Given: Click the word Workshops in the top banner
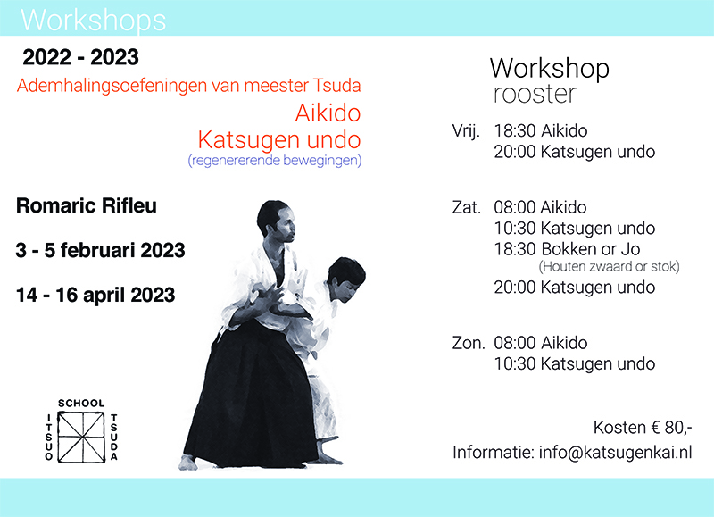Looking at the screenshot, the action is [94, 21].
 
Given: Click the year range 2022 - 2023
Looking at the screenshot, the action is [80, 57].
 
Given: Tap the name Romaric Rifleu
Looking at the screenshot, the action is [87, 205].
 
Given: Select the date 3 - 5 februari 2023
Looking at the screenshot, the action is [100, 250].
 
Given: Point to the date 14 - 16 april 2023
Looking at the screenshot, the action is [95, 295].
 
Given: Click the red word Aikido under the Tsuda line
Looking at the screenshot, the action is [328, 113].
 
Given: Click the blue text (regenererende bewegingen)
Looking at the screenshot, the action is [275, 161].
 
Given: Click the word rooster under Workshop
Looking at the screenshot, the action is [535, 95].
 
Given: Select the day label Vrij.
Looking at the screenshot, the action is [466, 131].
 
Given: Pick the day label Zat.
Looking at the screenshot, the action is [466, 207].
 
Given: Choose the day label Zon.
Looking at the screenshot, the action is [469, 343].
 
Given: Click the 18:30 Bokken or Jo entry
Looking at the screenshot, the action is [567, 249].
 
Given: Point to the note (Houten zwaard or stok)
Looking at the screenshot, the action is [610, 266].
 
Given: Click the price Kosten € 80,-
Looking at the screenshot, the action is [643, 428].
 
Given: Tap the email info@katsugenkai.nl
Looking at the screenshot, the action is [615, 453].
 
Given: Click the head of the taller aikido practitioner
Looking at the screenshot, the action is [277, 221].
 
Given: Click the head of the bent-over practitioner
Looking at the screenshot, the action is [346, 279].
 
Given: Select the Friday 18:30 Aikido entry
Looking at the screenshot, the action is [541, 130].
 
